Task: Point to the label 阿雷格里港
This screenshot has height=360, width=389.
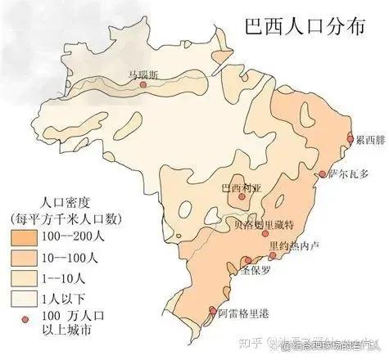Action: pyautogui.click(x=245, y=312)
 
